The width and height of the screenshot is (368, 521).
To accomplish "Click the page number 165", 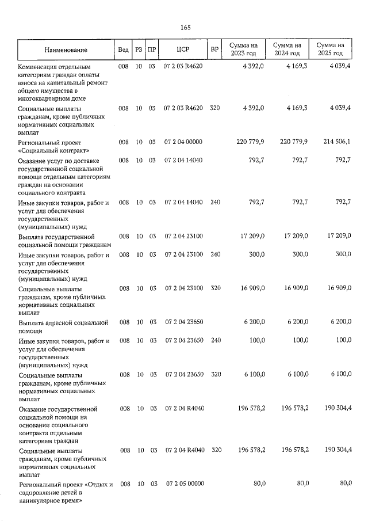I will (x=185, y=28).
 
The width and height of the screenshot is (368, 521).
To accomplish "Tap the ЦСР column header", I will (x=183, y=50).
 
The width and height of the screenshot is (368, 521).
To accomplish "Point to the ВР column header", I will (x=214, y=50).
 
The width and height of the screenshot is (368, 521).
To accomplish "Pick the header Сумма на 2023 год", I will (x=243, y=50).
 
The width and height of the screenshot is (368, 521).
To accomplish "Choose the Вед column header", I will (x=123, y=50).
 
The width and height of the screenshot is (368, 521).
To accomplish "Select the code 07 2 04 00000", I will (x=184, y=142).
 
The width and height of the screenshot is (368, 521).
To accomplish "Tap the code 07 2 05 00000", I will (x=184, y=484).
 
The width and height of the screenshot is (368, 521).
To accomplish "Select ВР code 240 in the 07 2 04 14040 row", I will (x=215, y=202).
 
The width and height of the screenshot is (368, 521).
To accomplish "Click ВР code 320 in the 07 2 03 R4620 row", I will (x=215, y=108).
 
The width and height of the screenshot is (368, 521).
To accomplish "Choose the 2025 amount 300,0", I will (x=342, y=254).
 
